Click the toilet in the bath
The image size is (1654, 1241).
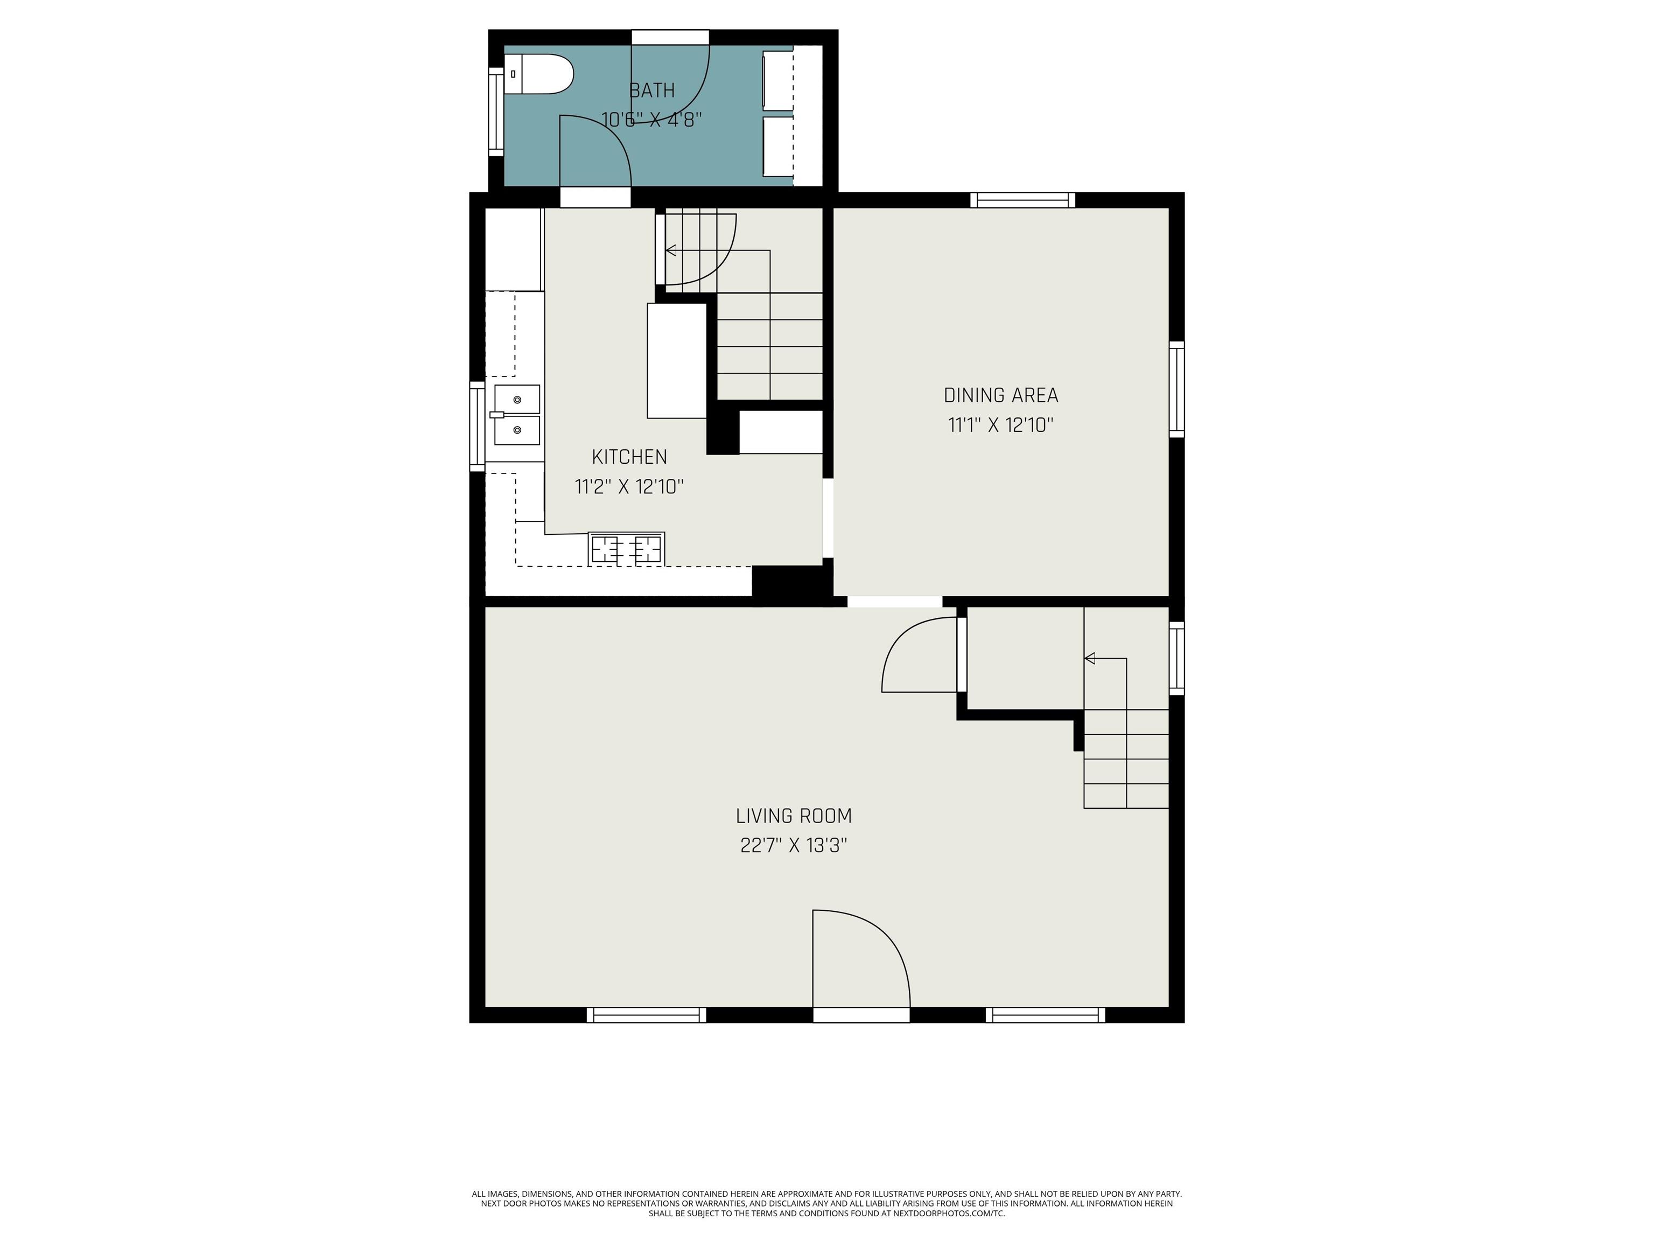(x=538, y=74)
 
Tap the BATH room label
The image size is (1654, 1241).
(x=652, y=90)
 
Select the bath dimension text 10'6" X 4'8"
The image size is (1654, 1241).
(x=652, y=120)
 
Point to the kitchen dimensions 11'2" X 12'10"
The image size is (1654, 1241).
(x=629, y=487)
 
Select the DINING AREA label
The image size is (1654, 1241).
(x=1001, y=395)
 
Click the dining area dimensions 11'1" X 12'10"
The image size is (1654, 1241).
(x=1001, y=425)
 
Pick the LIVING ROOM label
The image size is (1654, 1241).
(x=794, y=815)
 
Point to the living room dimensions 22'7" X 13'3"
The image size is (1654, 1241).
(x=794, y=845)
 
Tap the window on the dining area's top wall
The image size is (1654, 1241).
(x=1023, y=200)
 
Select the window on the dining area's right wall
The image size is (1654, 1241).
(x=1177, y=389)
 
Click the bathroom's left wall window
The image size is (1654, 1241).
(x=496, y=111)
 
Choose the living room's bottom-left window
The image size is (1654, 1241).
(x=646, y=1015)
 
